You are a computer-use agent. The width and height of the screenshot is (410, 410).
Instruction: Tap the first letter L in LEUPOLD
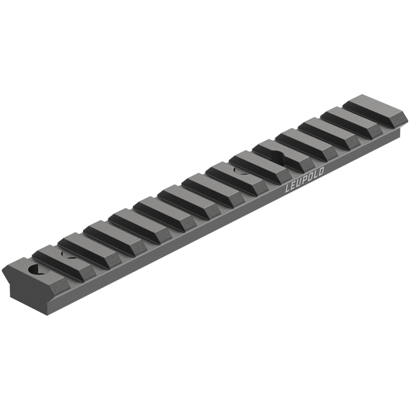pyautogui.click(x=288, y=190)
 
